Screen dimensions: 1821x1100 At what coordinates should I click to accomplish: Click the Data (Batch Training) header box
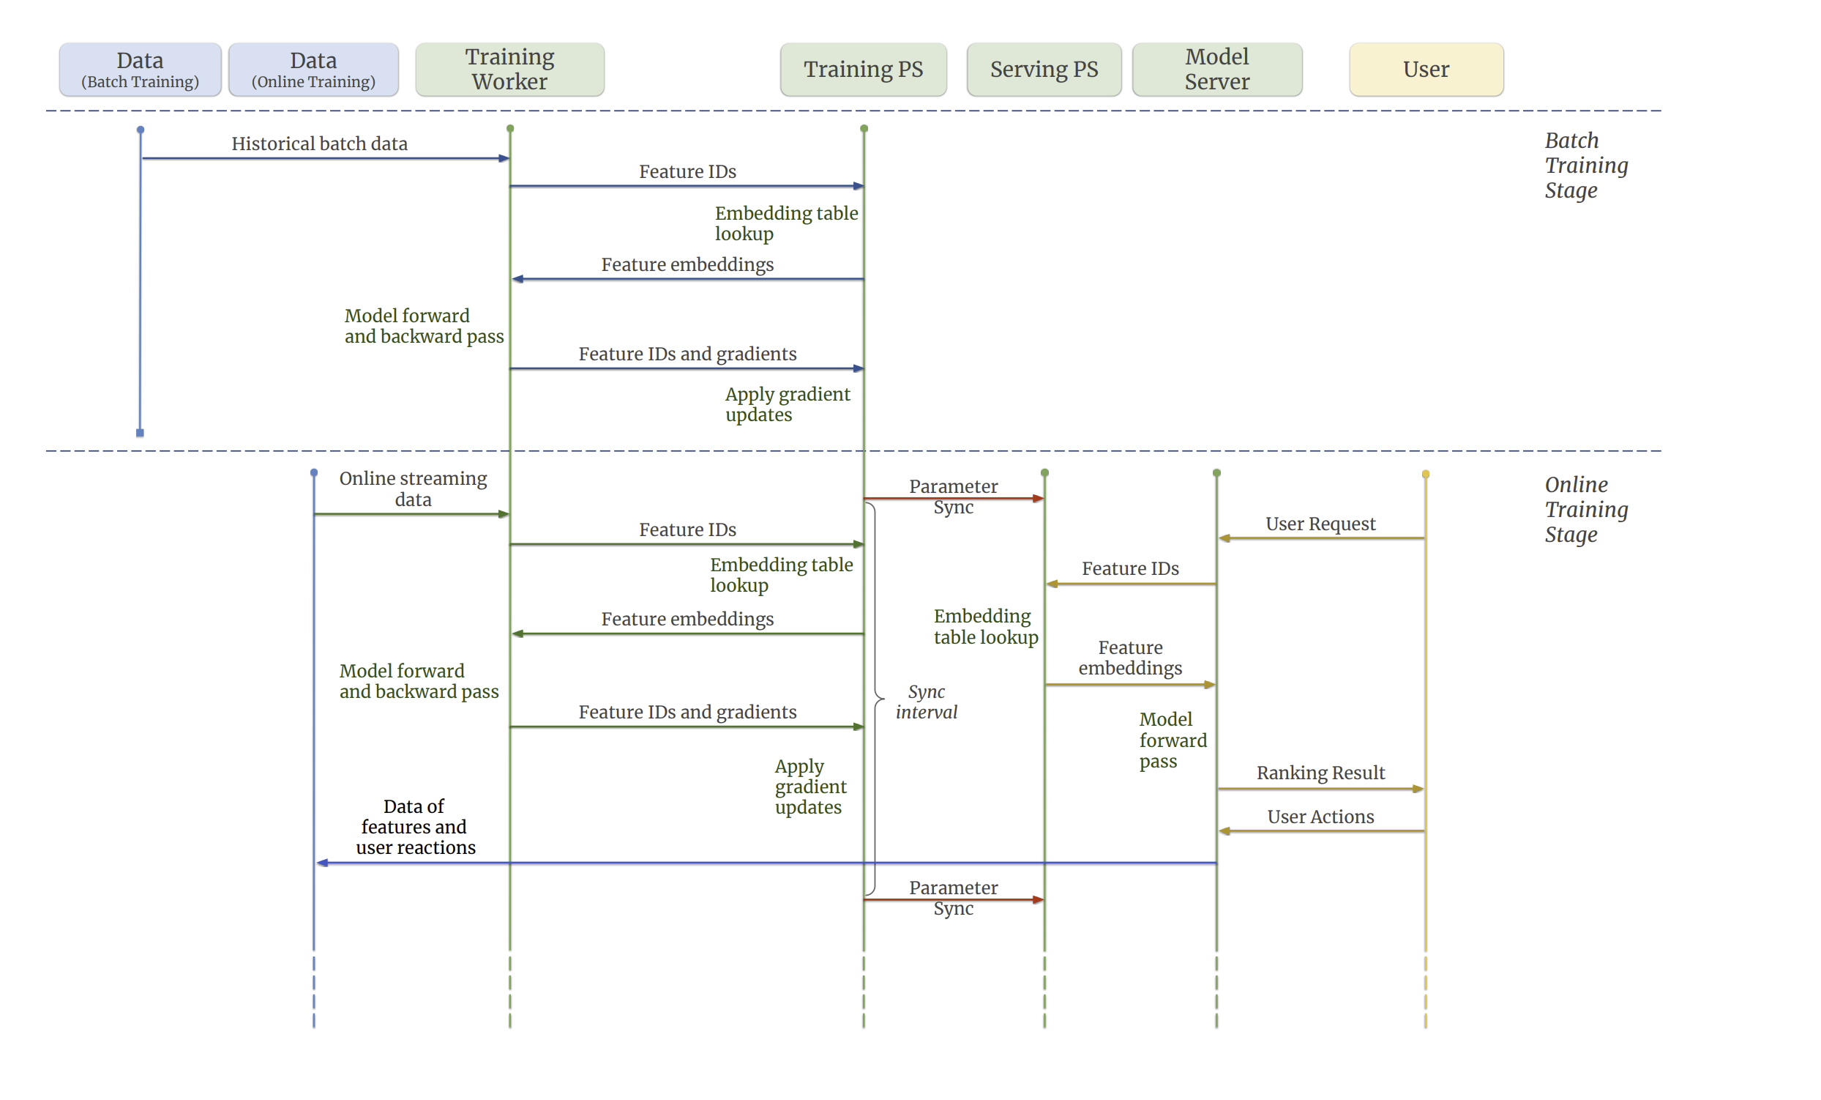tap(141, 70)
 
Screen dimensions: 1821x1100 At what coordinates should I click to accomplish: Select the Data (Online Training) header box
tap(313, 70)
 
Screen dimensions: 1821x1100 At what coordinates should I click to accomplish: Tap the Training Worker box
tap(510, 70)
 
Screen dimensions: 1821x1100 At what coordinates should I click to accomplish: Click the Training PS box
tap(863, 70)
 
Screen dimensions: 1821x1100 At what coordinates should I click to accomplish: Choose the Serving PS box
tap(1044, 70)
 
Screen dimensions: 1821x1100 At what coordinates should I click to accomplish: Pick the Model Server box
tap(1217, 70)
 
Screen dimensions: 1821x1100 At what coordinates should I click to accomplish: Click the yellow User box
tap(1426, 70)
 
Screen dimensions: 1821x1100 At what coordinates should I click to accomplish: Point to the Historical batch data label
tap(319, 144)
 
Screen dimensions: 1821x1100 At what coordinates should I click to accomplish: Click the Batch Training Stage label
tap(1586, 166)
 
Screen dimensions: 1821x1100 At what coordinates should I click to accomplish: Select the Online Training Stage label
tap(1586, 509)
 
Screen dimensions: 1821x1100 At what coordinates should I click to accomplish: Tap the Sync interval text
tap(927, 702)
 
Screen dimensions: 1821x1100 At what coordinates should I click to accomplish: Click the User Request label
tap(1320, 524)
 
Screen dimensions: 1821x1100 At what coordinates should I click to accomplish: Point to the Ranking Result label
tap(1320, 773)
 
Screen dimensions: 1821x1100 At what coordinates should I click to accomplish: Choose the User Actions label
tap(1320, 816)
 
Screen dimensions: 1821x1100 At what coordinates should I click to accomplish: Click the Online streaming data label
tap(413, 488)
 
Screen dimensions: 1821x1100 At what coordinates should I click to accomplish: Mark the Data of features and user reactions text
tap(415, 827)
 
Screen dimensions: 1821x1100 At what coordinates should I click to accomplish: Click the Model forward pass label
tap(1173, 740)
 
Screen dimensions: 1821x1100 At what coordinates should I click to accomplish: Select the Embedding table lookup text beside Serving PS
tap(986, 626)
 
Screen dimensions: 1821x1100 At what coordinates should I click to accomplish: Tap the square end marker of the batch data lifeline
tap(141, 434)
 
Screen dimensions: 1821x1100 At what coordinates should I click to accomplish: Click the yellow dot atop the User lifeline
tap(1426, 475)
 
